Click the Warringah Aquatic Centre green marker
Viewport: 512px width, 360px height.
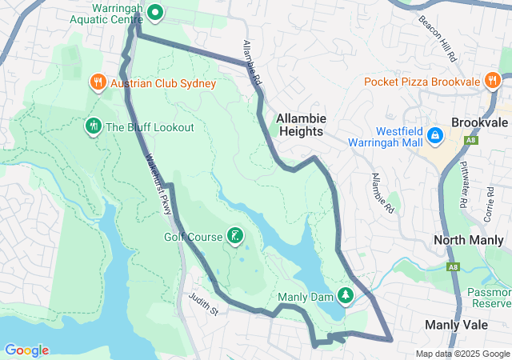[x=154, y=13]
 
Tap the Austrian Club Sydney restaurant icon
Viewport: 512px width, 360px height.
[x=97, y=82]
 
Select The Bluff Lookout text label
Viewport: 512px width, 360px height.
[x=150, y=127]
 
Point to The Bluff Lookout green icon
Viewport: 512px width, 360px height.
[x=93, y=126]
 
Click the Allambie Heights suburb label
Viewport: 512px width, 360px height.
[x=300, y=125]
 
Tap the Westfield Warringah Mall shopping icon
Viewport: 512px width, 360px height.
[x=435, y=135]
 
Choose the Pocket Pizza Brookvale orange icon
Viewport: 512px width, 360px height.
[x=492, y=81]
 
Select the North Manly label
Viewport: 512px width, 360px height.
[x=468, y=240]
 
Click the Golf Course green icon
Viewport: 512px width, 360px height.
[x=234, y=235]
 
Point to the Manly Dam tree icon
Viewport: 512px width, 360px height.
[x=346, y=296]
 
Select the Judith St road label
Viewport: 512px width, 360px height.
[x=203, y=304]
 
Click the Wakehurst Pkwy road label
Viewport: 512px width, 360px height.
[x=159, y=185]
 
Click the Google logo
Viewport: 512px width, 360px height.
[x=27, y=350]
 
